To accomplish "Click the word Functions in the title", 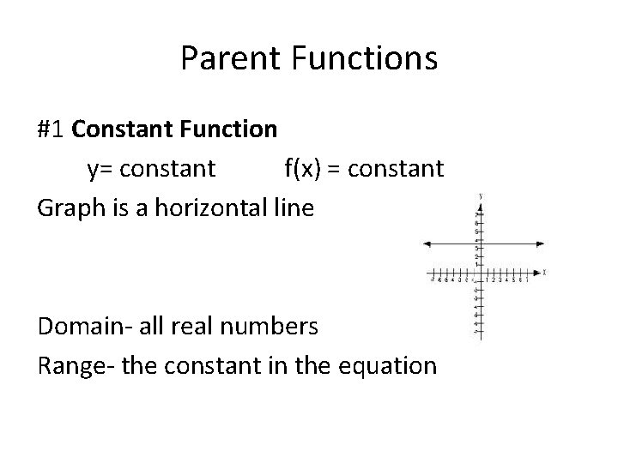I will point(365,58).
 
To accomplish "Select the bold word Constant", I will point(124,129).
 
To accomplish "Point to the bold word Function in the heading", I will point(229,129).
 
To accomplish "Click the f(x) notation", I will point(302,168).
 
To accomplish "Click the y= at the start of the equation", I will point(100,168).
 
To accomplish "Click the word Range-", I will point(75,365).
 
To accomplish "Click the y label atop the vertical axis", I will point(481,196).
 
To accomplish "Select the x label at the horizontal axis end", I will point(545,272).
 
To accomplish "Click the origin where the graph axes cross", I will point(480,273).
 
